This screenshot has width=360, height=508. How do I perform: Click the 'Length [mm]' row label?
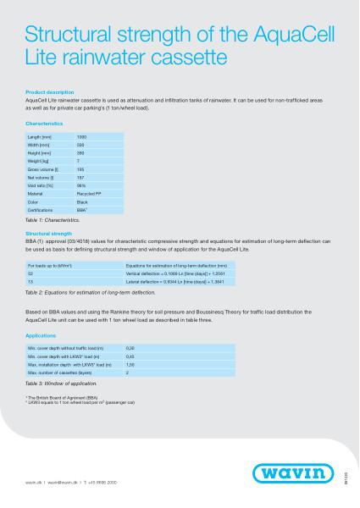[40, 136]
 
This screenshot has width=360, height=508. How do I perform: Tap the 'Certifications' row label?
[42, 208]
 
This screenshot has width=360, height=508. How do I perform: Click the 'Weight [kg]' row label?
[40, 160]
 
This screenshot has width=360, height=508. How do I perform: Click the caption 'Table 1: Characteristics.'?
[53, 218]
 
